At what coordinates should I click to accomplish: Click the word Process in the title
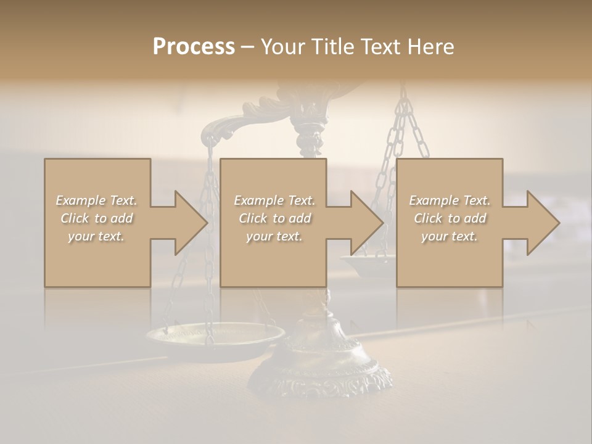[194, 47]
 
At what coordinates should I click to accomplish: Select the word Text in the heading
[380, 47]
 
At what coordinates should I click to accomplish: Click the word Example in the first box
[80, 200]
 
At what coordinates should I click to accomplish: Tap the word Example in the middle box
[258, 200]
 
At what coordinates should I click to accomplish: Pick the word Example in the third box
[434, 200]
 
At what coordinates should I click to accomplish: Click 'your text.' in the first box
[96, 236]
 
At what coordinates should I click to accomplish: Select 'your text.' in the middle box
[274, 236]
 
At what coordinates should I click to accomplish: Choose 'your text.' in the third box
[450, 236]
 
